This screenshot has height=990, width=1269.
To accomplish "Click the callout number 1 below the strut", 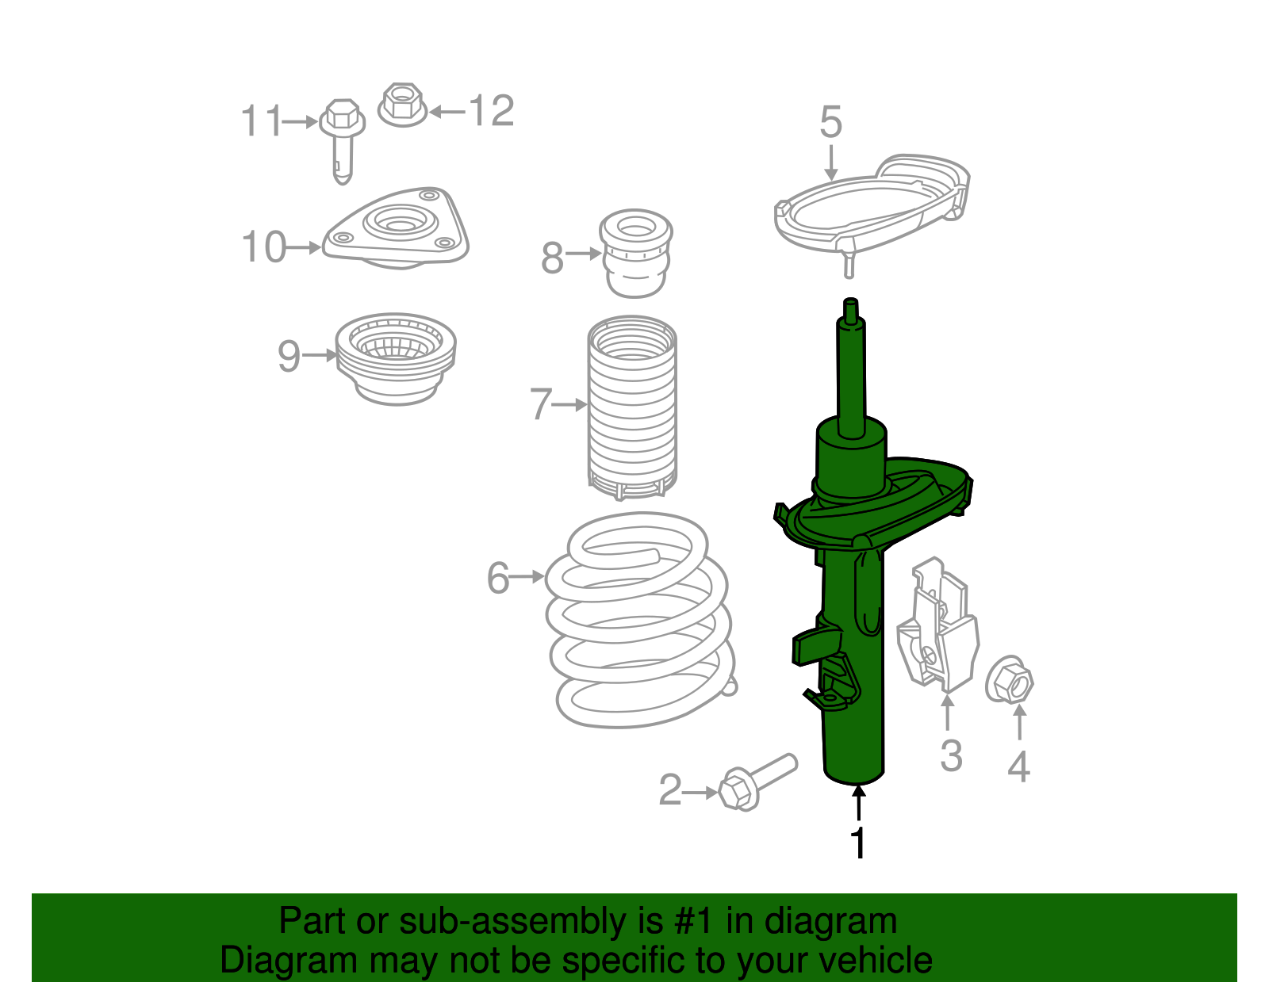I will [858, 843].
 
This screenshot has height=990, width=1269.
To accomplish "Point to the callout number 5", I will [830, 123].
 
